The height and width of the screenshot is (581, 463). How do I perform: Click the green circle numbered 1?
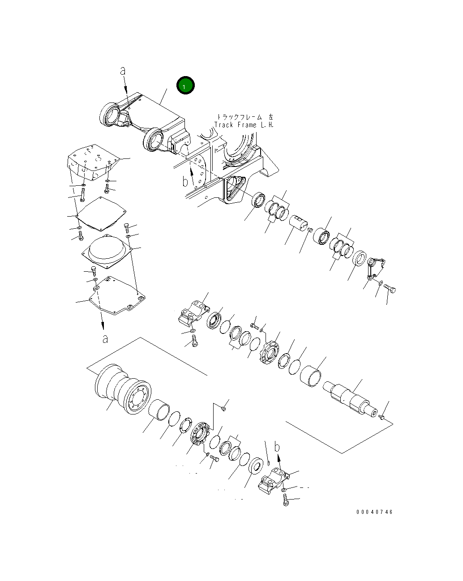pos(185,85)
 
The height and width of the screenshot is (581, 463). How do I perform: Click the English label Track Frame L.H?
pos(244,125)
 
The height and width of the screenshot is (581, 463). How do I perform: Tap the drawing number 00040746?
pos(374,512)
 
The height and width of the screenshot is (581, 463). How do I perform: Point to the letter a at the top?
pos(123,71)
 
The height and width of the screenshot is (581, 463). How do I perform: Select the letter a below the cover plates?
pos(105,338)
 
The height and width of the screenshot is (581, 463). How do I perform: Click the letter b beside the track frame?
pos(185,181)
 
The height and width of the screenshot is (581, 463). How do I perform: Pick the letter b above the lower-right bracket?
pos(278,447)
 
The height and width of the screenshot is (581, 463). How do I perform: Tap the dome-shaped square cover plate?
pos(107,251)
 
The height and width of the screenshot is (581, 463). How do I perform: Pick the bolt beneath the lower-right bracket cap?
pos(287,501)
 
